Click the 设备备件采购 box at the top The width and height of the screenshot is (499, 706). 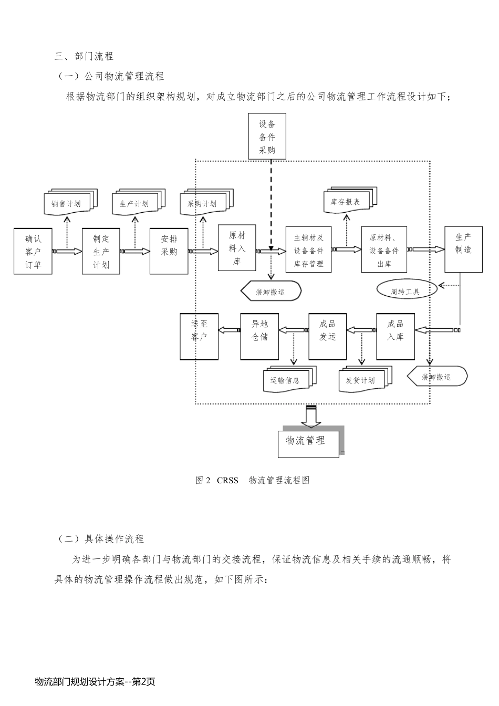(x=267, y=138)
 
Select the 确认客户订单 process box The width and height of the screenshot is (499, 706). (x=33, y=251)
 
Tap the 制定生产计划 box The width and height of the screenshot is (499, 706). (x=101, y=251)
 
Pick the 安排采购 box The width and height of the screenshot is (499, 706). (x=169, y=251)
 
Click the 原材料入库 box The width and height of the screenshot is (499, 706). (x=237, y=247)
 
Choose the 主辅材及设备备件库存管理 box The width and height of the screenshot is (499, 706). (x=308, y=250)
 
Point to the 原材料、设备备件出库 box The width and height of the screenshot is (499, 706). (x=384, y=250)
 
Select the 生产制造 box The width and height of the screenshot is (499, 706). (x=463, y=250)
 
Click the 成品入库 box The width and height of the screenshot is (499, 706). (x=396, y=336)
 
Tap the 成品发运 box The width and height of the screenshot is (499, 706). (x=327, y=336)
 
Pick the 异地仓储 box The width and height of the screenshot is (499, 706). (x=259, y=336)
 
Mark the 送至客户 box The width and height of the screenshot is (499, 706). (x=199, y=336)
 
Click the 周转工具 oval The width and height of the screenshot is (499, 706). (x=406, y=291)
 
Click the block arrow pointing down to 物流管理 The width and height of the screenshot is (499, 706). (x=311, y=416)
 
